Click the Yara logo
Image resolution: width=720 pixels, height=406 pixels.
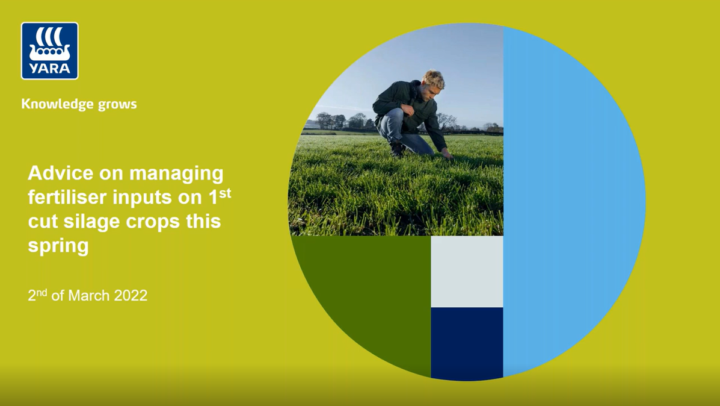(x=49, y=51)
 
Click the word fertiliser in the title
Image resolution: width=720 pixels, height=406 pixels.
(x=66, y=198)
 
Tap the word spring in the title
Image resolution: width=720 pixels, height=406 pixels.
(x=58, y=246)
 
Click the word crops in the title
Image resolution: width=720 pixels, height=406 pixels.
(x=154, y=222)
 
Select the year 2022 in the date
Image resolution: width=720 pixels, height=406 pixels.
(x=130, y=296)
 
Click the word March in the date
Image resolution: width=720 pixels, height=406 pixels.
(x=89, y=296)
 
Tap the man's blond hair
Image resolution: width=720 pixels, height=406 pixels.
(x=433, y=79)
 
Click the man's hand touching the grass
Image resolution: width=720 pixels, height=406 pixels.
(x=447, y=155)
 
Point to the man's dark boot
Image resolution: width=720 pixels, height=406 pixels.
(x=396, y=148)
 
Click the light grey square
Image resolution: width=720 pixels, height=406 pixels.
(x=467, y=271)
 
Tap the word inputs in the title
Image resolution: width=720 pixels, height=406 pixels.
(x=162, y=198)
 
